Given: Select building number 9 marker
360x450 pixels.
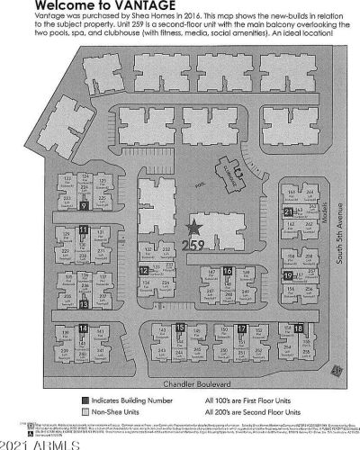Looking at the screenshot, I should [x=83, y=205].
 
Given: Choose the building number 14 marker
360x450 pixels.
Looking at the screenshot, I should [x=83, y=329].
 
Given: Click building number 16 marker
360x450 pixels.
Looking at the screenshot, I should [x=228, y=270].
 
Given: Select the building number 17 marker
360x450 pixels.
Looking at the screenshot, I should [x=241, y=328].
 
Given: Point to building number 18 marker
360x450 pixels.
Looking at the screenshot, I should [x=298, y=328].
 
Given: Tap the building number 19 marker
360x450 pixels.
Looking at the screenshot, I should [x=287, y=274].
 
